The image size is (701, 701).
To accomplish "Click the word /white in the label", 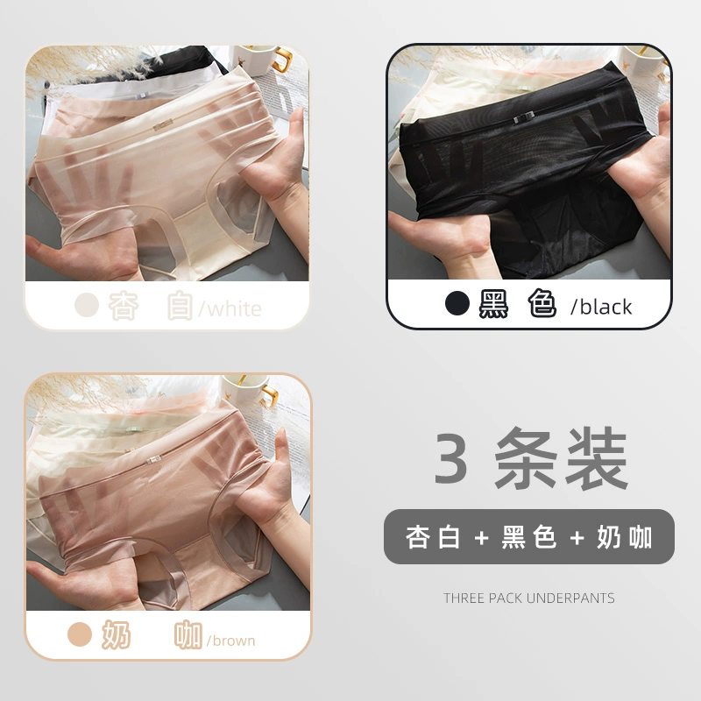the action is tap(230, 309).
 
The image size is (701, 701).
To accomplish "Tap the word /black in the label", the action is tap(601, 307).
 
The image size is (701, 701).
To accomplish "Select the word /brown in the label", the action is tap(230, 641).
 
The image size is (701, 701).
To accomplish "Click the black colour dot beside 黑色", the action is tap(457, 303).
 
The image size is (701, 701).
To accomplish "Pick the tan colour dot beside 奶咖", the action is tap(80, 634).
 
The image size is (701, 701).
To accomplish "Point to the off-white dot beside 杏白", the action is tap(86, 305).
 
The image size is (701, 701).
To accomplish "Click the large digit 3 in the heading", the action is tap(451, 458).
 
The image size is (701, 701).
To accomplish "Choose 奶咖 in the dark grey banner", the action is tap(625, 537).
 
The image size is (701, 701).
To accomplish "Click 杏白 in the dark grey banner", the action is tap(433, 537).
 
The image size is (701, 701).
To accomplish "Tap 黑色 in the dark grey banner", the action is tap(529, 537).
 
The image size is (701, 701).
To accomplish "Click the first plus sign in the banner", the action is tap(481, 538).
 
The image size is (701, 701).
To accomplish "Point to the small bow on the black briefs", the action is tap(523, 118).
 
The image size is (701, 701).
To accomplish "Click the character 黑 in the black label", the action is tap(493, 304).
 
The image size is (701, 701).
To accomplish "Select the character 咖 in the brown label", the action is tap(188, 634).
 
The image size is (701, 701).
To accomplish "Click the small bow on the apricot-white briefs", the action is tap(163, 124).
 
